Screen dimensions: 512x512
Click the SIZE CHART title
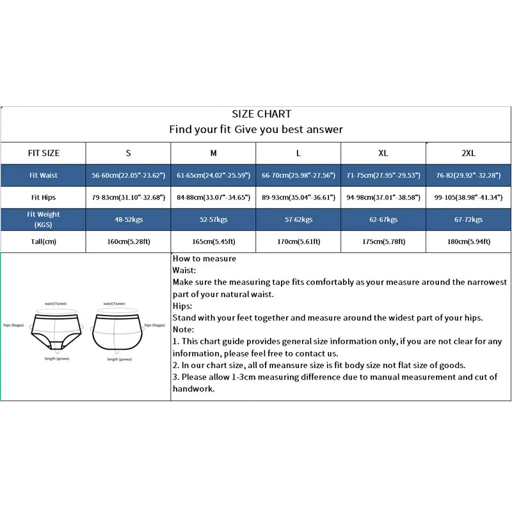pyautogui.click(x=261, y=114)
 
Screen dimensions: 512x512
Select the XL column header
pyautogui.click(x=383, y=153)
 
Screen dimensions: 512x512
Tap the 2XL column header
pyautogui.click(x=468, y=153)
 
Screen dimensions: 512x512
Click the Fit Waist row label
pyautogui.click(x=43, y=175)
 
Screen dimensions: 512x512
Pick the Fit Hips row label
pyautogui.click(x=43, y=197)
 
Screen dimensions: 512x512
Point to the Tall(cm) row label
pyautogui.click(x=43, y=241)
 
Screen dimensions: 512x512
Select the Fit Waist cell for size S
pyautogui.click(x=129, y=175)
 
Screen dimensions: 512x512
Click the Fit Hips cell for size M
pyautogui.click(x=214, y=197)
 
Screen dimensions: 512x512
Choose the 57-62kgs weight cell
pyautogui.click(x=298, y=220)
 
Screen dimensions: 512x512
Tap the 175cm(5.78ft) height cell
pyautogui.click(x=383, y=241)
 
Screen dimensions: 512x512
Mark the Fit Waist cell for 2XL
pyautogui.click(x=468, y=175)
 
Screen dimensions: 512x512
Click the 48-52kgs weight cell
pyautogui.click(x=129, y=220)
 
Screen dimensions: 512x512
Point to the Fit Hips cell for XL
pyautogui.click(x=383, y=197)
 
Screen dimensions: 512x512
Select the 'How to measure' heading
pyautogui.click(x=204, y=259)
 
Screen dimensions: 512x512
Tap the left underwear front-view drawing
pyautogui.click(x=56, y=331)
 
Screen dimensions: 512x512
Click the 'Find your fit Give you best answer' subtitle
pyautogui.click(x=256, y=129)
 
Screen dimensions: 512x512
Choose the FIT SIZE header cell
pyautogui.click(x=43, y=153)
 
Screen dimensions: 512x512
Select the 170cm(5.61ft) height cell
pyautogui.click(x=298, y=241)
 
